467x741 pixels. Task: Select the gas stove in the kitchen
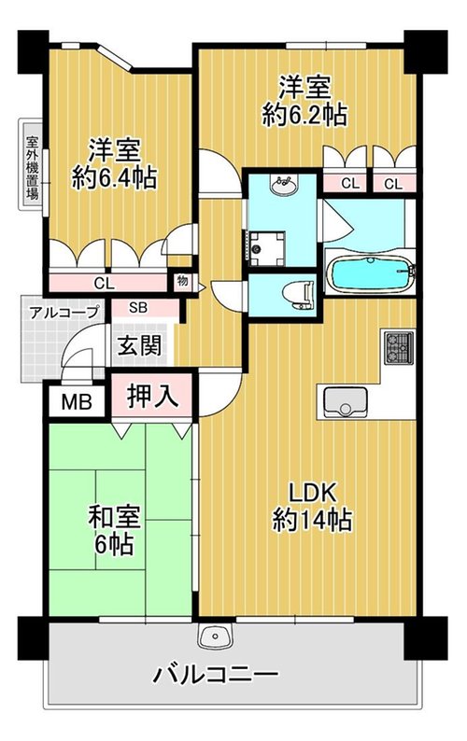pos(399,347)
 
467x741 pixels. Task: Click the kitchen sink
pos(345,402)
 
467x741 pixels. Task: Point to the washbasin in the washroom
pos(284,184)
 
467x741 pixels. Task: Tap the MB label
pos(77,402)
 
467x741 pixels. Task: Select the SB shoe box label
pos(138,308)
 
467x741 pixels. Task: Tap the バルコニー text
pos(215,675)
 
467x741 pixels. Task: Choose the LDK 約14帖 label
pos(312,506)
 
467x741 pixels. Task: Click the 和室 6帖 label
pos(114,530)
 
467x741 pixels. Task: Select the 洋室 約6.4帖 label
pos(114,164)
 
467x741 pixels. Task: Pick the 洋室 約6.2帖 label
pos(304,101)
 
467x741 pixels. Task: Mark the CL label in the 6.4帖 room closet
pos(104,284)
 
